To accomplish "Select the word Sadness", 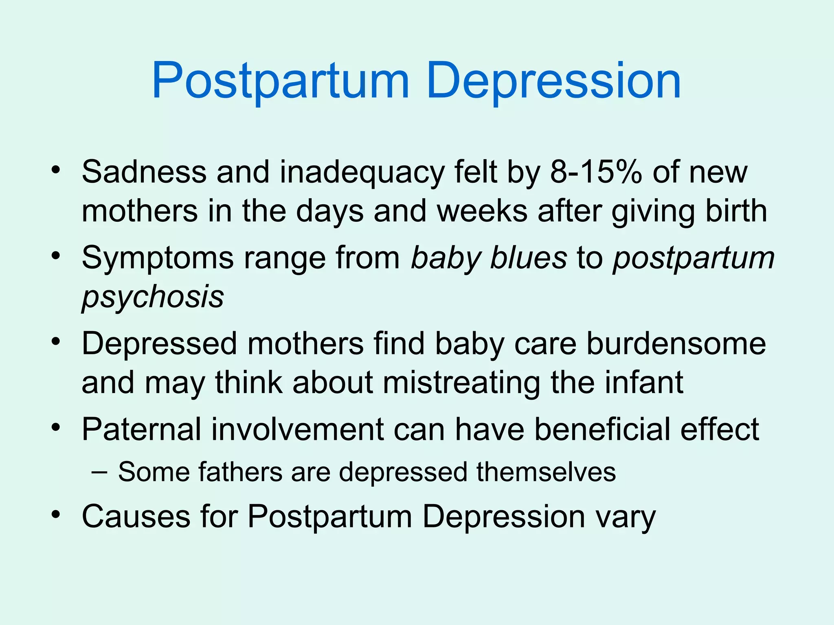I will click(144, 172).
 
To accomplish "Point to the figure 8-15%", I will click(596, 172).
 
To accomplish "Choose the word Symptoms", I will click(158, 259).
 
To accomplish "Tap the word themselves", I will click(546, 472).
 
